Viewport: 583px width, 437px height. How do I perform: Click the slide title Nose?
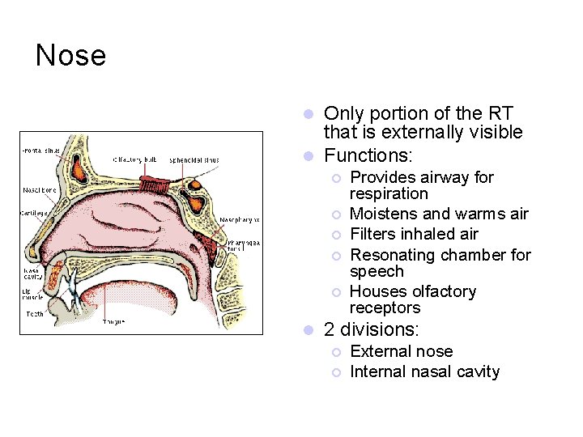pos(70,56)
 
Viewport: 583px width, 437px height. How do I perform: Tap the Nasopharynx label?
pos(240,219)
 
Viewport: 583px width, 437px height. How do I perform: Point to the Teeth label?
pos(35,313)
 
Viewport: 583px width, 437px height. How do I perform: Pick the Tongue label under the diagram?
pos(113,321)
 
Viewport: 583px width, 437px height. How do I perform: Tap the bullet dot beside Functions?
pos(308,155)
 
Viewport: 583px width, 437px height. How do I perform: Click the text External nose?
pos(401,351)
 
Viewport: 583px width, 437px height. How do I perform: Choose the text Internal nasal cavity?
pos(424,371)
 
